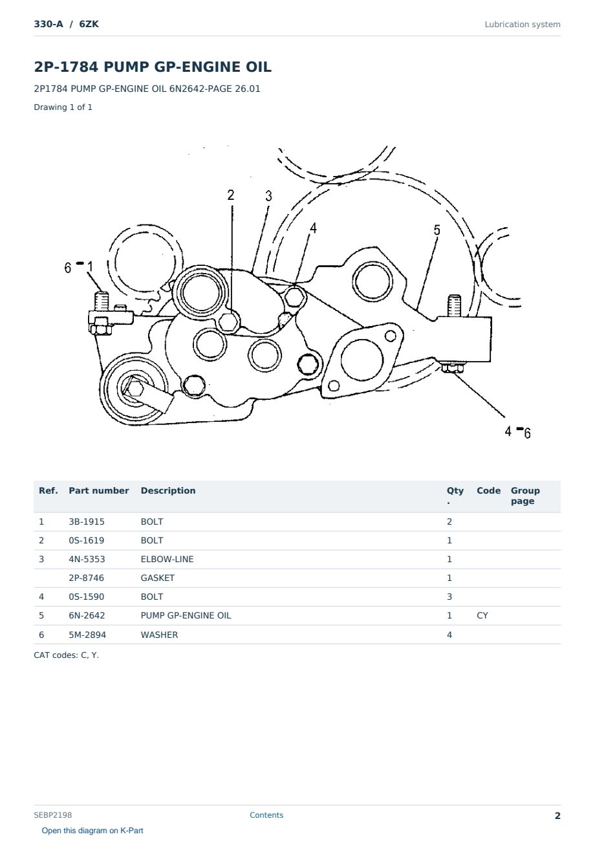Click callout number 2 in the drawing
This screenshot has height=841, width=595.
point(230,195)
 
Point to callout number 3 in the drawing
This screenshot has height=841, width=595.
point(268,195)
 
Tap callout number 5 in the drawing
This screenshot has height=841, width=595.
point(437,230)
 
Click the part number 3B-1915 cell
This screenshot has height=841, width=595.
point(87,521)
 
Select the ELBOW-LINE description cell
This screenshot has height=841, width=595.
point(167,559)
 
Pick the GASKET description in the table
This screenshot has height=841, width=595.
point(158,578)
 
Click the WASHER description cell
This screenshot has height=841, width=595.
point(159,635)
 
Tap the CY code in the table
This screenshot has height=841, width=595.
point(482,615)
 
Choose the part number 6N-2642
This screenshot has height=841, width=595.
point(87,615)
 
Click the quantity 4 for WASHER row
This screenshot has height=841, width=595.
point(449,635)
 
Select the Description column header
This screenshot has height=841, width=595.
point(168,490)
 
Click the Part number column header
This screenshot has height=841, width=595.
point(99,490)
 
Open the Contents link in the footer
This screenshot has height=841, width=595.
point(266,814)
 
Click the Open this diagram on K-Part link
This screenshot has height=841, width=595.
point(92,830)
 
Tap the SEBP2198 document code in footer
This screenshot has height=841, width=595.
point(53,814)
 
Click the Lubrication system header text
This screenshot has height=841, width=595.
point(522,25)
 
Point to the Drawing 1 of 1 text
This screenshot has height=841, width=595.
point(63,107)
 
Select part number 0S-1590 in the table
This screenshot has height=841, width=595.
point(87,596)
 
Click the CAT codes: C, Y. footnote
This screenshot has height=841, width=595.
point(67,655)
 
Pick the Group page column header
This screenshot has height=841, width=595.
point(525,496)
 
